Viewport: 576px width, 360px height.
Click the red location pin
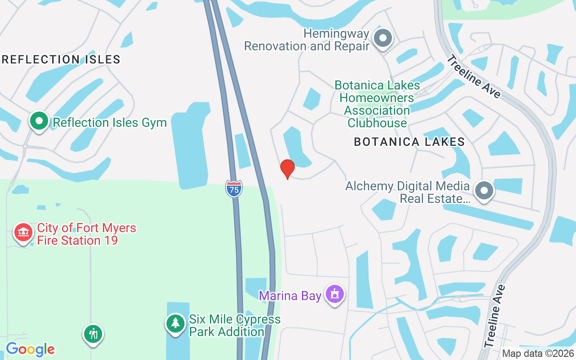click(x=288, y=168)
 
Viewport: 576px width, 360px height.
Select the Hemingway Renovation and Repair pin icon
click(x=383, y=38)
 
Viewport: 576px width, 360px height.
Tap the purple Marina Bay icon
click(x=334, y=294)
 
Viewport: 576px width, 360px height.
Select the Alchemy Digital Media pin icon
click(x=484, y=190)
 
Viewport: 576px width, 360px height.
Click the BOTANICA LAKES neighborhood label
click(x=409, y=142)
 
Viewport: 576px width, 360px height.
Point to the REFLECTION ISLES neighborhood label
click(x=61, y=59)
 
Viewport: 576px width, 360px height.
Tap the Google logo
click(x=30, y=349)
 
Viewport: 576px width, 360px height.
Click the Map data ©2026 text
click(x=538, y=354)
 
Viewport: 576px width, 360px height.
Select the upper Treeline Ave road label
click(x=473, y=76)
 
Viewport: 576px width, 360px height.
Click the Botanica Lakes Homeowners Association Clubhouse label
click(x=377, y=104)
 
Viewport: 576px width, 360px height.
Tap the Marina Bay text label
click(x=290, y=296)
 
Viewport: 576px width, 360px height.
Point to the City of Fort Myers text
click(x=86, y=228)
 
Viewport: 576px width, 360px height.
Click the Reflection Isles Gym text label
click(x=110, y=122)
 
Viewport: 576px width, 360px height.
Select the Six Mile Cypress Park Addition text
click(x=234, y=326)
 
